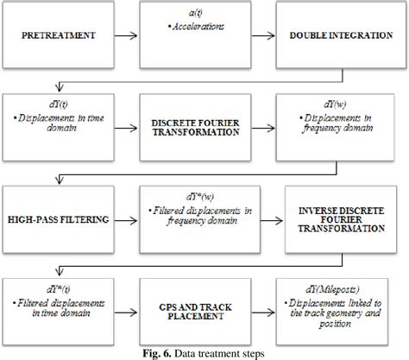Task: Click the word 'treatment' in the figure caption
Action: point(223,351)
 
